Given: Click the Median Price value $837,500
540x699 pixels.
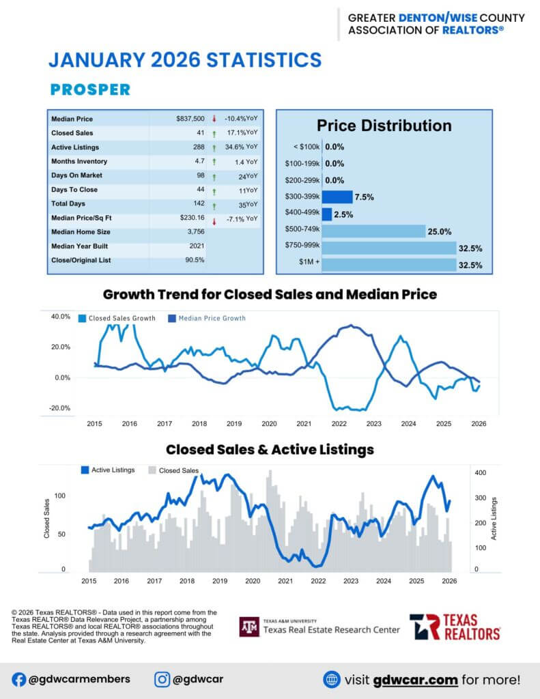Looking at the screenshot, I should pos(190,119).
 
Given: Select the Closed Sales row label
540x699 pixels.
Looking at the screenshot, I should pos(72,133).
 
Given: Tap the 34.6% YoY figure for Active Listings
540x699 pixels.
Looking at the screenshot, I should pos(241,147).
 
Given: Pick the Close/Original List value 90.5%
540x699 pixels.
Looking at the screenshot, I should pos(195,260).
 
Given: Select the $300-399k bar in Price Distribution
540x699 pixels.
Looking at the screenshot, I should pos(337,197).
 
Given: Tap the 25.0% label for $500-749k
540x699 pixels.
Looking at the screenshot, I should pos(441,231).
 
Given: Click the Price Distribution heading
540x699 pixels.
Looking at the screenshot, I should pos(384,126).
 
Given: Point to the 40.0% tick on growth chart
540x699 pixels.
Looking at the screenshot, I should pos(61,317).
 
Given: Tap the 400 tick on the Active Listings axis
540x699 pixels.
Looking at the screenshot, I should pos(481,472).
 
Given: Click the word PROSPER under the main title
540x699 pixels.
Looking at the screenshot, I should pos(90,89).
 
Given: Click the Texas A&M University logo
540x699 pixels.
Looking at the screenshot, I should pos(249,627).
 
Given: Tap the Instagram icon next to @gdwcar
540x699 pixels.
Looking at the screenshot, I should pos(162,679).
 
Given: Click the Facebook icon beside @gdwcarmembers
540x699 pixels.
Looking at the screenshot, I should pos(19,679).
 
